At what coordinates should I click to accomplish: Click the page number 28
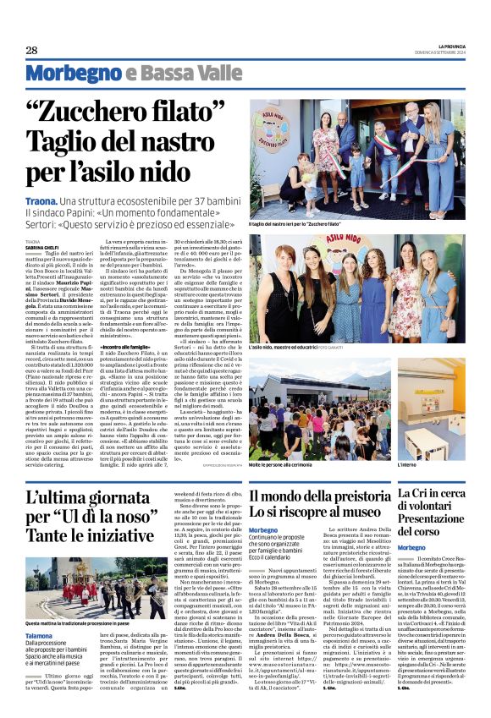tap(30, 50)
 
